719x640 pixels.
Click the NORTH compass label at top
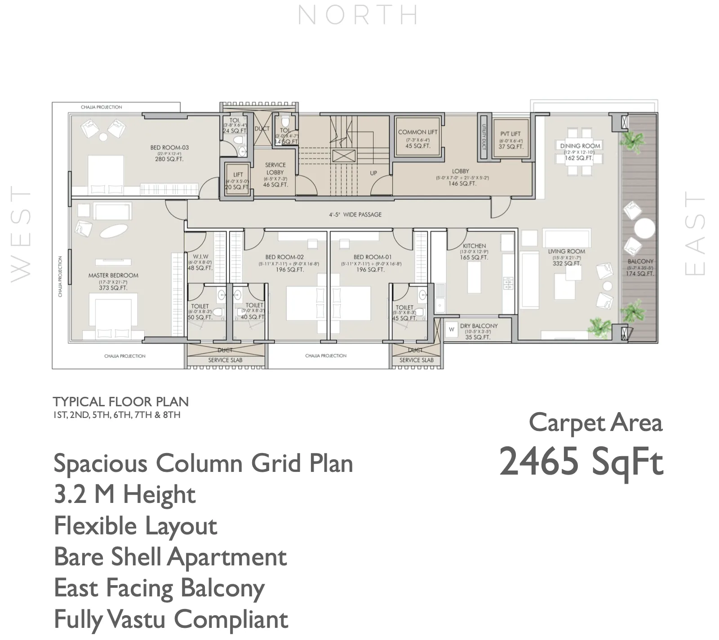pyautogui.click(x=358, y=15)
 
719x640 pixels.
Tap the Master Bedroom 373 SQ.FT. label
pyautogui.click(x=113, y=281)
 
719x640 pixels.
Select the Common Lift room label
pyautogui.click(x=417, y=138)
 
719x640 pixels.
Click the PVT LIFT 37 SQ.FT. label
pyautogui.click(x=510, y=140)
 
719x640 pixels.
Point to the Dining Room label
pyautogui.click(x=580, y=151)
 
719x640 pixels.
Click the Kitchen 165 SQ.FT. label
pyautogui.click(x=474, y=252)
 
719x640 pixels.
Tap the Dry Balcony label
pyautogui.click(x=479, y=331)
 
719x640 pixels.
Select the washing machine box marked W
pyautogui.click(x=452, y=329)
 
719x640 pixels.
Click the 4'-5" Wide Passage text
pyautogui.click(x=355, y=214)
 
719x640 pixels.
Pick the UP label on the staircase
pyautogui.click(x=373, y=173)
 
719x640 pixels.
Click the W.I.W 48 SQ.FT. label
pyautogui.click(x=200, y=262)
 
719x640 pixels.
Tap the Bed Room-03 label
pyautogui.click(x=169, y=153)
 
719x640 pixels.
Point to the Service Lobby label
pyautogui.click(x=275, y=174)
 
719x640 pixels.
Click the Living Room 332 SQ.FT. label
pyautogui.click(x=566, y=257)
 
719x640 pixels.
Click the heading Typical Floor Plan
pyautogui.click(x=120, y=401)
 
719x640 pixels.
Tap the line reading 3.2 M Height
pyautogui.click(x=124, y=494)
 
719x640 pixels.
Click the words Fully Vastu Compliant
pyautogui.click(x=171, y=619)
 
